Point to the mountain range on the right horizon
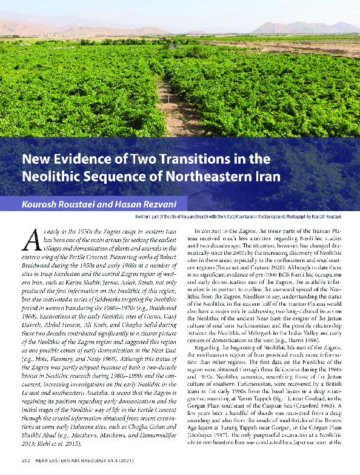pyautogui.click(x=303, y=27)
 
